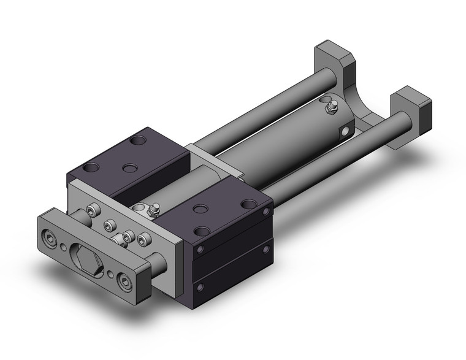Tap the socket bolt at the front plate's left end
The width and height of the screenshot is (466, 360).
click(x=48, y=235)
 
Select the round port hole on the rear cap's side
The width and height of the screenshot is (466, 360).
click(x=348, y=131)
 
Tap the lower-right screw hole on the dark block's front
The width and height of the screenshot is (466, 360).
click(x=266, y=249)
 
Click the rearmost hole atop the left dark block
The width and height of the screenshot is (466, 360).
click(x=140, y=142)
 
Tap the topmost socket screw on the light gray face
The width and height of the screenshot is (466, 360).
click(x=93, y=210)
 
